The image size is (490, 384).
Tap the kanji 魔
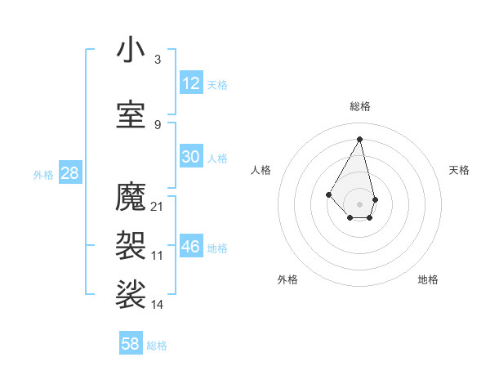[x=131, y=197]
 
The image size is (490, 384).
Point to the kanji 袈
[x=131, y=244]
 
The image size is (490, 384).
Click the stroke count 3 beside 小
[x=158, y=60]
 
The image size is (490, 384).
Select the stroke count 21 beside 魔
[x=158, y=206]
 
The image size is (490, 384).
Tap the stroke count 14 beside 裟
[x=158, y=304]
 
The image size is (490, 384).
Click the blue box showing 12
[x=191, y=83]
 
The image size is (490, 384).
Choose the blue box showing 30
[x=191, y=157]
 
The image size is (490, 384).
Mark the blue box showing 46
[x=191, y=247]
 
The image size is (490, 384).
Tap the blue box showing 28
[x=69, y=173]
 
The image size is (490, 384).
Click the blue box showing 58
[x=131, y=344]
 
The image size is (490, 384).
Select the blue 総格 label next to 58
[x=157, y=346]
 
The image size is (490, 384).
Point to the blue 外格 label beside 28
[x=43, y=174]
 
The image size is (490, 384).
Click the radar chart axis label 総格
[x=360, y=106]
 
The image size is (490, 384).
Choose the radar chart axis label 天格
[x=459, y=170]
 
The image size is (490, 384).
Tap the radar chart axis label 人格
[x=261, y=170]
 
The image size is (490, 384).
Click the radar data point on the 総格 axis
[x=359, y=138]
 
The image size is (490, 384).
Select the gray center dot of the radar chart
[x=359, y=203]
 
